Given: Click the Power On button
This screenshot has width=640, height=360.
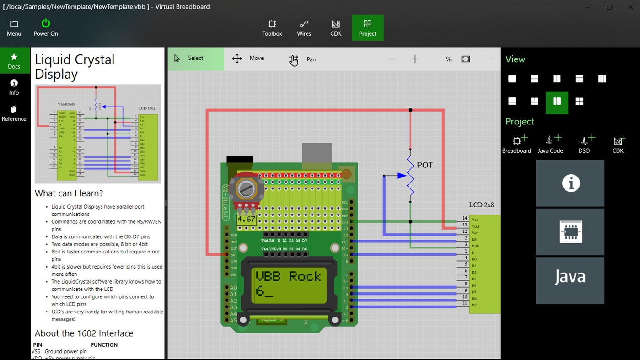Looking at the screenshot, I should click(x=46, y=27).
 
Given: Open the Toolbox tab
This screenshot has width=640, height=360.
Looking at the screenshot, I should click(x=272, y=27).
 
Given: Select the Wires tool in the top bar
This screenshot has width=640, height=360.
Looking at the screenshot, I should click(x=304, y=27).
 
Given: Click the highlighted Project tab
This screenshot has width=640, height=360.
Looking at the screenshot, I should click(x=367, y=27).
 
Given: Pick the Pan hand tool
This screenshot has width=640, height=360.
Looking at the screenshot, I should click(x=302, y=59).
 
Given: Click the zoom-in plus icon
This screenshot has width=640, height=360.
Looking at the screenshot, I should click(x=415, y=59).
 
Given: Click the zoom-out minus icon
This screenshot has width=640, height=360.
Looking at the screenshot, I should click(x=392, y=59).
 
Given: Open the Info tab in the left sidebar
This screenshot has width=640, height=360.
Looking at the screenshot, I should click(x=14, y=87).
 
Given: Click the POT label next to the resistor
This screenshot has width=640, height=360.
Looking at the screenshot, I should click(x=425, y=165).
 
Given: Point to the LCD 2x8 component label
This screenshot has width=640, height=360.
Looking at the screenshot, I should click(x=481, y=205).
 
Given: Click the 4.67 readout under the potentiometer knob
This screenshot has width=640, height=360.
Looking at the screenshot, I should click(x=246, y=220).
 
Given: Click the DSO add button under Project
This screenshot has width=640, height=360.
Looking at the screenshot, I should click(x=584, y=144).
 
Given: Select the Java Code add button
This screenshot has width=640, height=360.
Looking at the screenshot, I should click(x=550, y=144).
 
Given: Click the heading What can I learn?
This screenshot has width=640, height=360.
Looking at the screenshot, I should click(x=69, y=193).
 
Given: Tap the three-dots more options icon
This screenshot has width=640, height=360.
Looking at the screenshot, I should click(x=489, y=59).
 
